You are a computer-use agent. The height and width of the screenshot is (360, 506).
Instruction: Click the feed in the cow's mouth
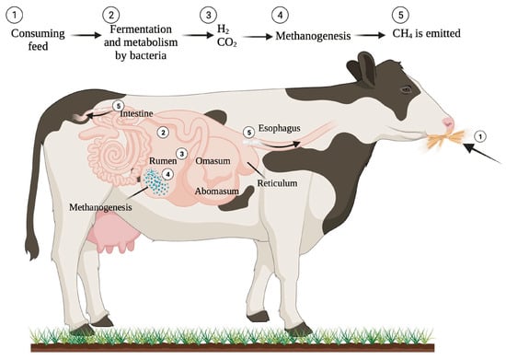click(x=443, y=142)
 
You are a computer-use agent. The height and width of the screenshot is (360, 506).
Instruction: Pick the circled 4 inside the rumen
click(x=167, y=173)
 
